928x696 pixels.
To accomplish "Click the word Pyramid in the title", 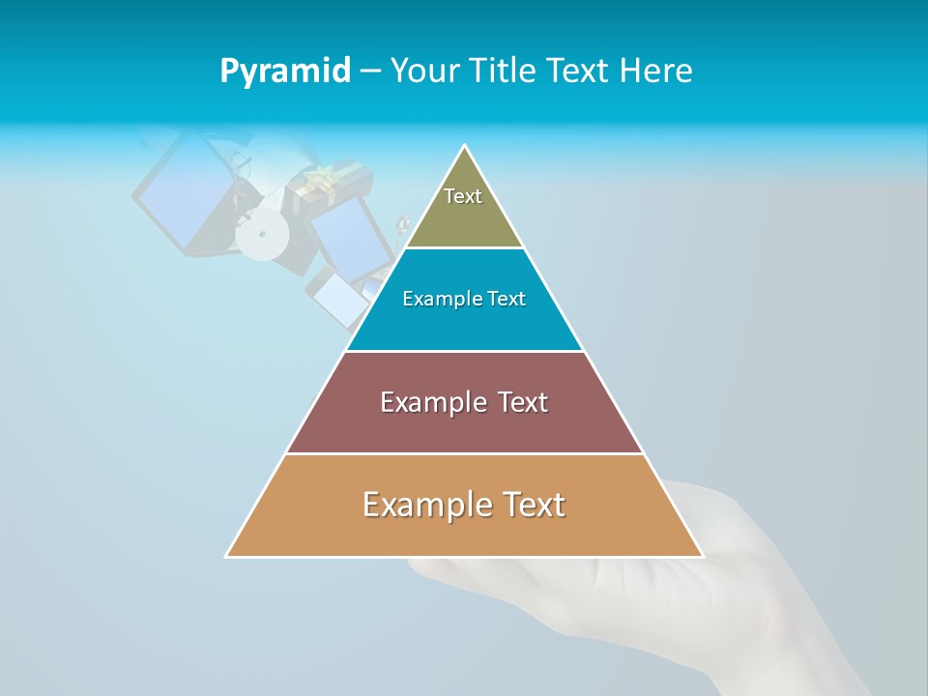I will tap(285, 71).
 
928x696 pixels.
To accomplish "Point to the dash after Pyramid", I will tap(370, 72).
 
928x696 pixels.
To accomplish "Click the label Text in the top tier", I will tap(463, 196).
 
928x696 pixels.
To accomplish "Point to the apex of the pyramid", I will tap(465, 148).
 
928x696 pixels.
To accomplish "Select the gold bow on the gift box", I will tap(321, 178).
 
